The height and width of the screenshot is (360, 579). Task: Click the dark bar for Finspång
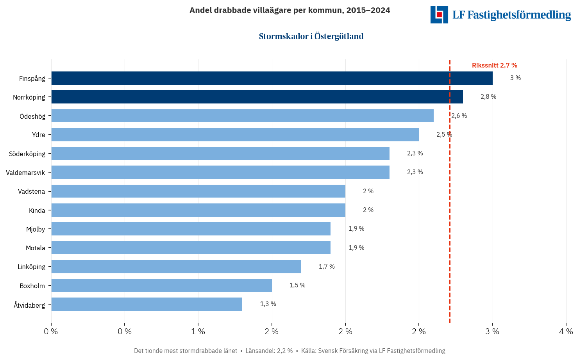(x=272, y=78)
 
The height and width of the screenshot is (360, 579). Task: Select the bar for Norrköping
(x=257, y=97)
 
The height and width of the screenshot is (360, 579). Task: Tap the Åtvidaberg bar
(x=147, y=304)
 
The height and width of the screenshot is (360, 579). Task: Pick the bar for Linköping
(x=176, y=267)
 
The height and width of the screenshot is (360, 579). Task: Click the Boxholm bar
(x=161, y=285)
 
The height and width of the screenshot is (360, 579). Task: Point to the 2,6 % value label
(x=459, y=116)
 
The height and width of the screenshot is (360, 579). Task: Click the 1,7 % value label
(x=327, y=266)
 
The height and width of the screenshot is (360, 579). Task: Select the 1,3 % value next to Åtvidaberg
(x=268, y=304)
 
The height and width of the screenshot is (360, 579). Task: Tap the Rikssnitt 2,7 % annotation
(x=494, y=66)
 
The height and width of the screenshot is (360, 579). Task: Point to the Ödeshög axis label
(x=32, y=116)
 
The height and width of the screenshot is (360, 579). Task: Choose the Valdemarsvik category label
(x=25, y=173)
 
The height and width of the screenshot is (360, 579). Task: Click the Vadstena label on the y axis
(x=31, y=191)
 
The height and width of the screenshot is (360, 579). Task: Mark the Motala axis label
(x=35, y=248)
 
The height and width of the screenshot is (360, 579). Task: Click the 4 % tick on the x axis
(x=566, y=331)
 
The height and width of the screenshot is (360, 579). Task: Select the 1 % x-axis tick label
(x=198, y=331)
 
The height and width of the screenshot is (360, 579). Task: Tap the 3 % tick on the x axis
(x=492, y=331)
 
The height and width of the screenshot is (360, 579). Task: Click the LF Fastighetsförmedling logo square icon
(x=439, y=14)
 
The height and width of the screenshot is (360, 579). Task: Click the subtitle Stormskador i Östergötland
(x=311, y=36)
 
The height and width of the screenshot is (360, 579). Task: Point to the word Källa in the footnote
(x=309, y=351)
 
